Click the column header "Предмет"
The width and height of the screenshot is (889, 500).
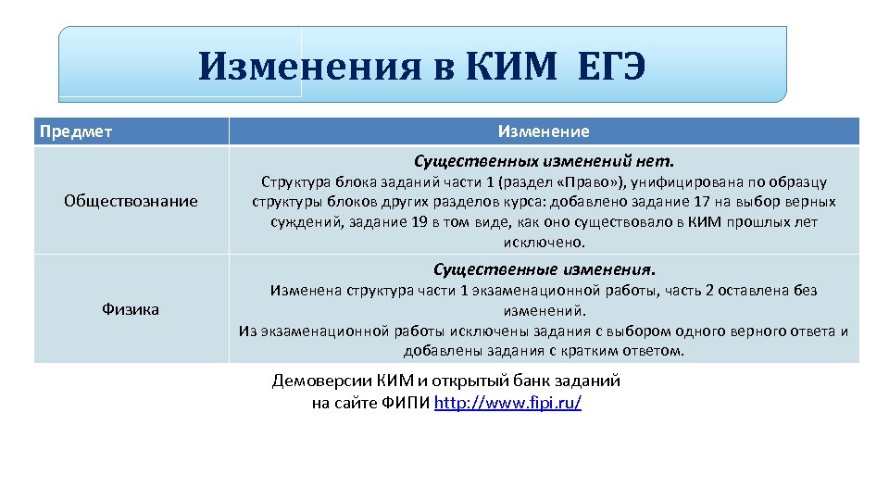click(x=76, y=131)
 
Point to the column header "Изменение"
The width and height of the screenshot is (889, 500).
click(x=544, y=131)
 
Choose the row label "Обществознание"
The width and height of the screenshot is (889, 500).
click(x=131, y=201)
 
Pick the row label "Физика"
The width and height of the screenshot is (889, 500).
click(x=131, y=309)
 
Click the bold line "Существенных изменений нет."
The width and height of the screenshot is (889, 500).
click(x=544, y=161)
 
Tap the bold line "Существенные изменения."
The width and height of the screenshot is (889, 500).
click(x=544, y=270)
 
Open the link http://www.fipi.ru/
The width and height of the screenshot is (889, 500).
click(x=507, y=404)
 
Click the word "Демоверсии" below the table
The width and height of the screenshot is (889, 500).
click(x=322, y=381)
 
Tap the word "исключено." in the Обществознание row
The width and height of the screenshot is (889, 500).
click(x=544, y=243)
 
